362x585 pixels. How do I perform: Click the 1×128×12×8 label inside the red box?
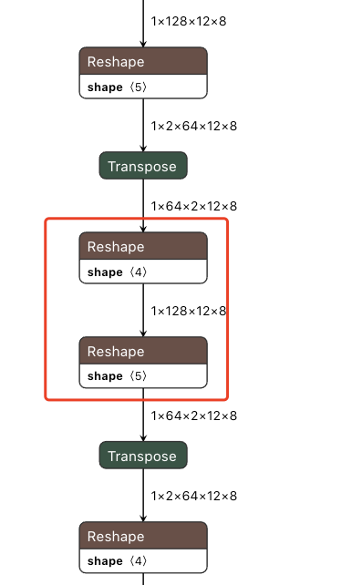point(189,311)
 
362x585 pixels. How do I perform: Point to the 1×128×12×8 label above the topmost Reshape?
point(189,19)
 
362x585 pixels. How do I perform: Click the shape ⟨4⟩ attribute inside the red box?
point(116,272)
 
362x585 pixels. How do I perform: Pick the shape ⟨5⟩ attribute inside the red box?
point(116,375)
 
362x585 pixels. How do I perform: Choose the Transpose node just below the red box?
point(143,456)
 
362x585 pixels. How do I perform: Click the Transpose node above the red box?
point(143,166)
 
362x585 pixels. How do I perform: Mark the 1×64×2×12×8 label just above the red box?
point(194,206)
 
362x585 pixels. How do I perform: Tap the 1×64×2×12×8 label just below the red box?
point(194,416)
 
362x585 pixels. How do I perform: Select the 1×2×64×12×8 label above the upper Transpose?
point(194,126)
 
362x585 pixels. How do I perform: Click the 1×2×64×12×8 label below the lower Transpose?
point(194,496)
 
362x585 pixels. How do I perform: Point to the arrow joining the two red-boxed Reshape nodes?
point(143,310)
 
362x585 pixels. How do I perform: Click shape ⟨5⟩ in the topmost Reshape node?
point(116,87)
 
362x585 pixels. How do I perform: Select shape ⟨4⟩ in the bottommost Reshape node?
point(116,560)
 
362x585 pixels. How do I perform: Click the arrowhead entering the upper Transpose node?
point(143,149)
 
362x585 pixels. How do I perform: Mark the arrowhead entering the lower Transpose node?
point(143,438)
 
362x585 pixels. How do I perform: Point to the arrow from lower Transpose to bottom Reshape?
point(143,497)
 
